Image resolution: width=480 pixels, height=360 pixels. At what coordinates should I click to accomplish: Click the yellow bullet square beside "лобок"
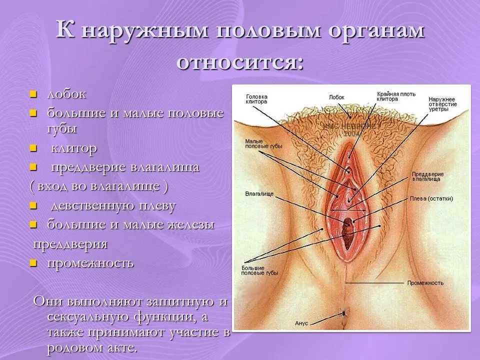33,94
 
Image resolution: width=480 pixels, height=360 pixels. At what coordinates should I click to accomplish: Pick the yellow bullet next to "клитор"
33,149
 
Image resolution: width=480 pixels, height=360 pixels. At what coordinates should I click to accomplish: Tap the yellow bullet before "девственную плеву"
33,205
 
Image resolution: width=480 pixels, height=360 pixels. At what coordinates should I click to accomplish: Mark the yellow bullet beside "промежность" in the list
33,263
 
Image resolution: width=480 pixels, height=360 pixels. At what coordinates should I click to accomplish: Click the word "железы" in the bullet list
191,224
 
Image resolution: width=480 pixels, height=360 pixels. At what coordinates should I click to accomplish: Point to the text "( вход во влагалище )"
99,186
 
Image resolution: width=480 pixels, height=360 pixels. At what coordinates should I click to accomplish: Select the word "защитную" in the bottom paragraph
181,302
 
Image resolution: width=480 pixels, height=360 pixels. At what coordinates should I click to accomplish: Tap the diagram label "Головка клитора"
256,99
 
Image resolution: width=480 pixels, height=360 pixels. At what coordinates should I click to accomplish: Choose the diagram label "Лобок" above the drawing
336,97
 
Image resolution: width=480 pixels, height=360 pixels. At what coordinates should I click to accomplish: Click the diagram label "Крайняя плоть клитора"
396,96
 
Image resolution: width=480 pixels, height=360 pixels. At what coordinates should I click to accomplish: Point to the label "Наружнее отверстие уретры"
442,104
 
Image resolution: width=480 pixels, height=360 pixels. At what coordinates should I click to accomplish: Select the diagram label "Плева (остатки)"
431,198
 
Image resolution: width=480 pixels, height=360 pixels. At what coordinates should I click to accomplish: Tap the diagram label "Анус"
301,323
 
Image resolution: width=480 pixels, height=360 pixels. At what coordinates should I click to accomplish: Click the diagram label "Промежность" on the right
425,283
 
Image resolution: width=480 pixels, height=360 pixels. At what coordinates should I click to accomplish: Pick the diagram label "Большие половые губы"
259,270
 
